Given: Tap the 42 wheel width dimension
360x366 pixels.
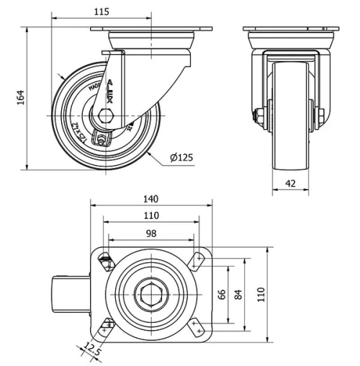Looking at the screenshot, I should tap(291, 184).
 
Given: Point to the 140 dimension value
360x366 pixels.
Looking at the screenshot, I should tap(150, 200).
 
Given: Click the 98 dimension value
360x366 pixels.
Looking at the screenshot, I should tap(150, 233).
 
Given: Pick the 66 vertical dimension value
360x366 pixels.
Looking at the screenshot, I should tap(222, 294).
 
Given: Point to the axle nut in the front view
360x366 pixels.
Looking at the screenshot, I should tap(256, 114).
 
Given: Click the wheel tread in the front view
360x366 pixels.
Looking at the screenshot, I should tap(290, 115).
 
